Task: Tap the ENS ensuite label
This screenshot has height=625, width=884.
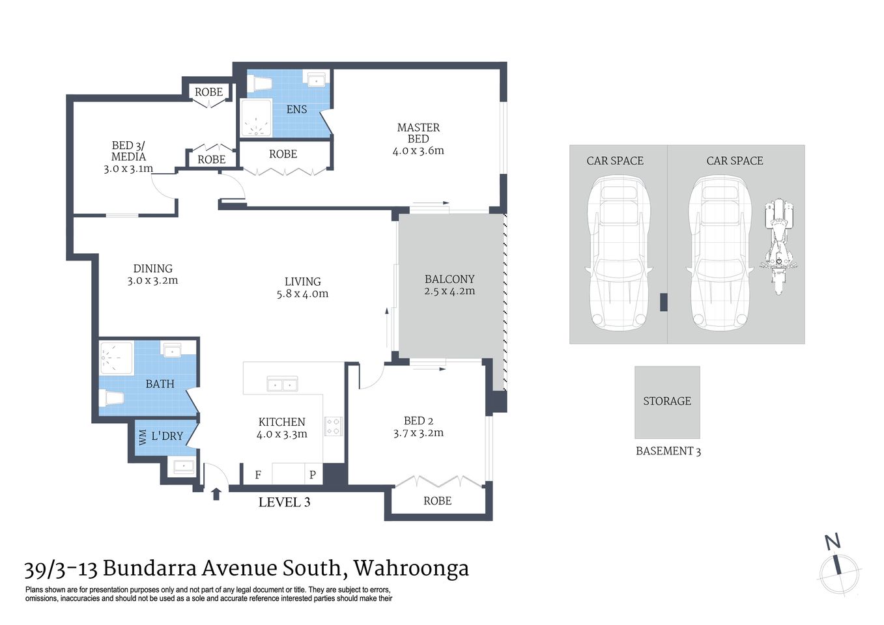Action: [296, 109]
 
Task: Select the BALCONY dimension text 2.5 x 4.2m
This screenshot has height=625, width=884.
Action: [449, 291]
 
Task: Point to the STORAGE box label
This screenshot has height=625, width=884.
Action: [667, 401]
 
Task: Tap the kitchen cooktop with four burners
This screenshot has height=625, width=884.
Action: [333, 426]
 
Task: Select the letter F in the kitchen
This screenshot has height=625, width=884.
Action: [258, 475]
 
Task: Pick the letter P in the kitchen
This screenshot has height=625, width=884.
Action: [313, 475]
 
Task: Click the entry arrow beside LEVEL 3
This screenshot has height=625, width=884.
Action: [216, 494]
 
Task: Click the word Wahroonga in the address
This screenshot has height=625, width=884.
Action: [411, 568]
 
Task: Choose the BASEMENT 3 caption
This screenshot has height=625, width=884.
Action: [668, 451]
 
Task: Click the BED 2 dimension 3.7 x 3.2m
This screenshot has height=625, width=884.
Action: [418, 433]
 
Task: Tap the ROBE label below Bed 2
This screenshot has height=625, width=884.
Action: [437, 501]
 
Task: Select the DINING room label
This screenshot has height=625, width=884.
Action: [153, 268]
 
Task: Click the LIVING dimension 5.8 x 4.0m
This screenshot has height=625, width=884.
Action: [302, 294]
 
